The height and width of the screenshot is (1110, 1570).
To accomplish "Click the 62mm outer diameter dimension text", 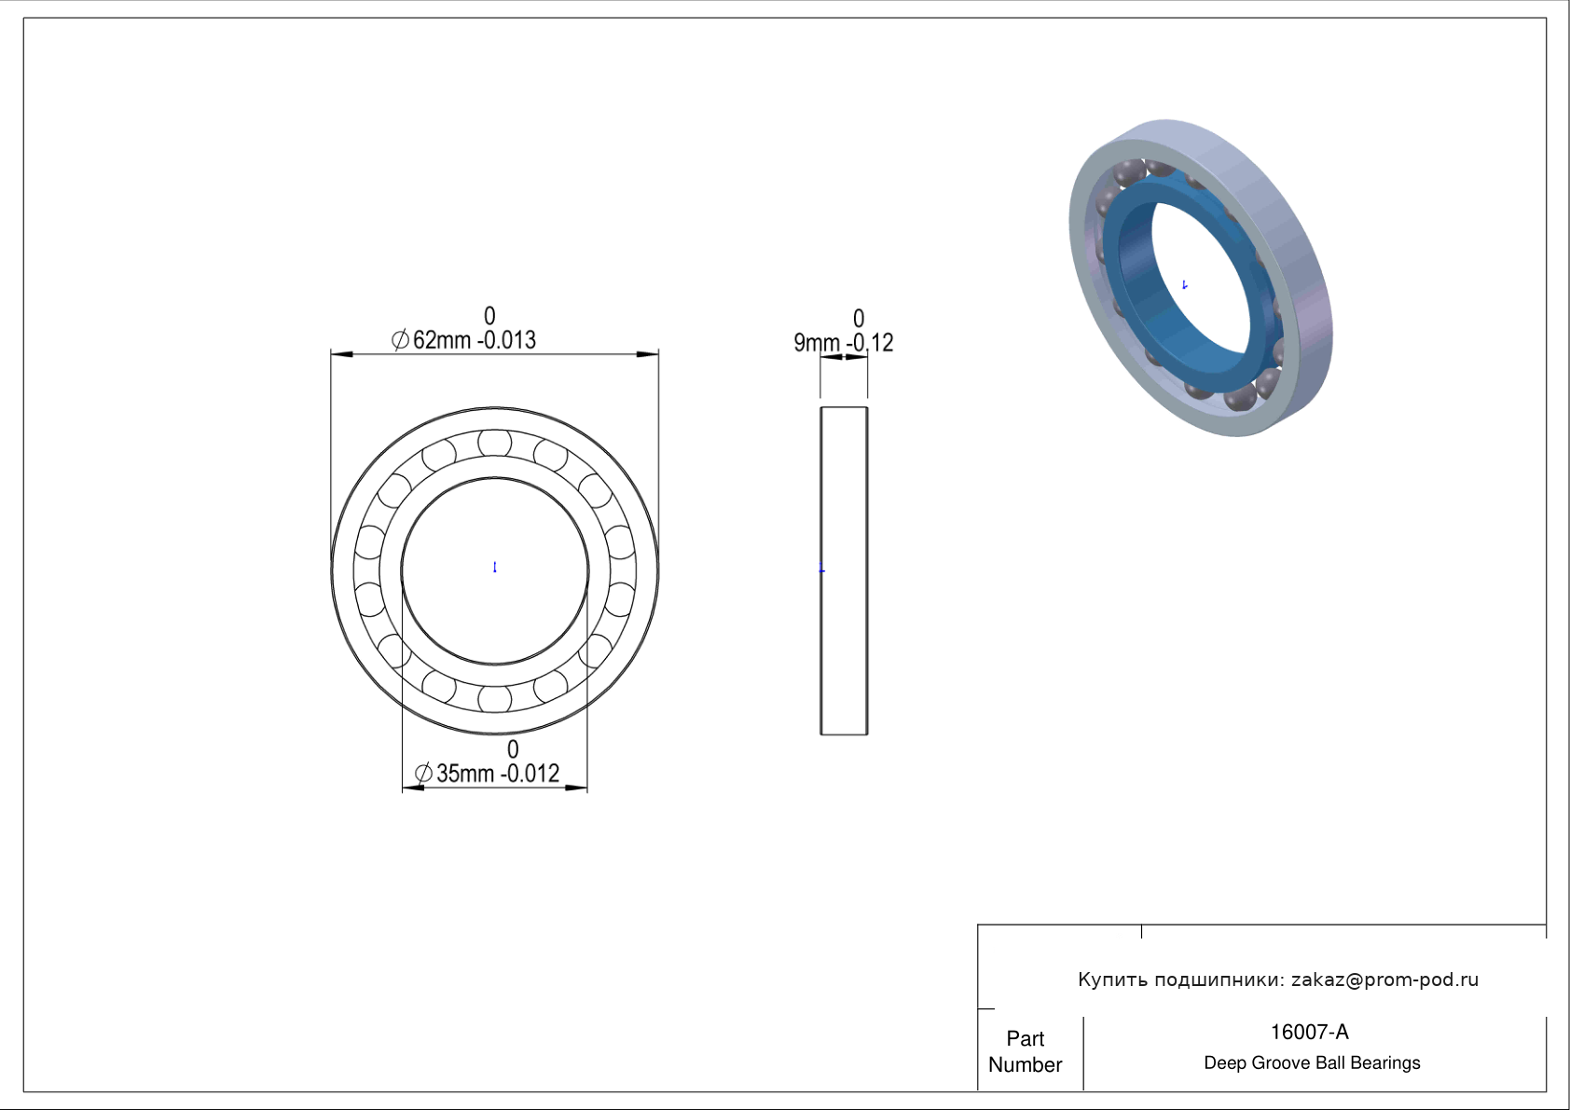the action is (x=442, y=340).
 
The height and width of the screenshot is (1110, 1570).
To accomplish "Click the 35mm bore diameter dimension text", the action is (x=465, y=774).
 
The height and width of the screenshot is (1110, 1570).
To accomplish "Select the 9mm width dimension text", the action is (x=817, y=343).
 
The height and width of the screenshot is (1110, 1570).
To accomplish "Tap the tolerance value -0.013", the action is (x=507, y=340).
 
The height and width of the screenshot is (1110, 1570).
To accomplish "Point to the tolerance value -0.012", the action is (x=530, y=774).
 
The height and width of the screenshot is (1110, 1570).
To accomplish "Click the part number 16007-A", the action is (x=1309, y=1033).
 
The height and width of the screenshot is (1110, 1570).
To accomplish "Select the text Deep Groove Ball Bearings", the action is (x=1312, y=1063).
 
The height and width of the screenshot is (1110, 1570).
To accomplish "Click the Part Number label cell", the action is (x=1026, y=1051).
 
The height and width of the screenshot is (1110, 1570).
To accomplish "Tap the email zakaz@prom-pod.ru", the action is (x=1385, y=980).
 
